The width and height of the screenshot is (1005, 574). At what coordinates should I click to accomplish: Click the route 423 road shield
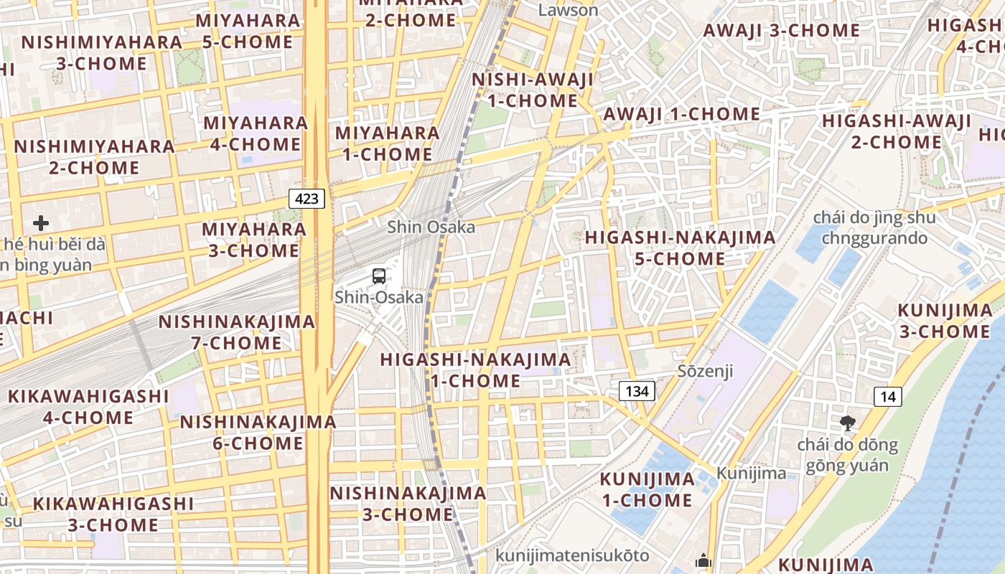point(307,198)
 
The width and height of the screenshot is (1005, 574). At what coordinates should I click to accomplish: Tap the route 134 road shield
point(637,391)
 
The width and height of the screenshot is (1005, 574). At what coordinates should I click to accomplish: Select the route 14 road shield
point(889,397)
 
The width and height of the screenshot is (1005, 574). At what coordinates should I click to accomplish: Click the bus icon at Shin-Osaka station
point(379,276)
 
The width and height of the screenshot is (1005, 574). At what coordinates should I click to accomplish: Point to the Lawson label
point(568,10)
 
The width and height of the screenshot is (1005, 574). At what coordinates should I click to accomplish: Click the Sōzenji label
point(706,371)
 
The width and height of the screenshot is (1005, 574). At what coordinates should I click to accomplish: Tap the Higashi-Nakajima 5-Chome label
point(680,248)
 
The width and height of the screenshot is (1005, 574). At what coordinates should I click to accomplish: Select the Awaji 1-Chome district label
point(681,114)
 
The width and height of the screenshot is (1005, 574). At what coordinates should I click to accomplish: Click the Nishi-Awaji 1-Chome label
point(533,90)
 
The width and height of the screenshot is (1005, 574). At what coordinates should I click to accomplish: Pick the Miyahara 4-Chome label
point(256,133)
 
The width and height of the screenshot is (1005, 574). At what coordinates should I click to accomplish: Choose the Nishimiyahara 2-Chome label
point(94,157)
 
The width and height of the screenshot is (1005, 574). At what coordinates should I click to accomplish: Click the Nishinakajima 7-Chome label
point(237,332)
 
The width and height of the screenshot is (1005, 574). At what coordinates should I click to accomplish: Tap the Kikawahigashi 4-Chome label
point(88,407)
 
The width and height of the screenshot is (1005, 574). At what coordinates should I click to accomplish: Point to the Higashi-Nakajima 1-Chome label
point(475,370)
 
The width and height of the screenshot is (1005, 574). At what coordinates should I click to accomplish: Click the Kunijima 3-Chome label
point(945,321)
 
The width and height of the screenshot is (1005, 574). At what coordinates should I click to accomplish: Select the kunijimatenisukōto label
point(572,555)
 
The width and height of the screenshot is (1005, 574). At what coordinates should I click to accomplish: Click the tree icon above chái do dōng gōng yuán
point(848,423)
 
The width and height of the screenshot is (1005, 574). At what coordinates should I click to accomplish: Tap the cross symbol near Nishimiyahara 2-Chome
point(41,223)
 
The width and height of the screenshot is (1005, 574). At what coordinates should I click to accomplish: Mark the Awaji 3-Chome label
point(781,30)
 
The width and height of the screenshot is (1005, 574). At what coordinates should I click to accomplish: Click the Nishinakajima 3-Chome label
point(408,504)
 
